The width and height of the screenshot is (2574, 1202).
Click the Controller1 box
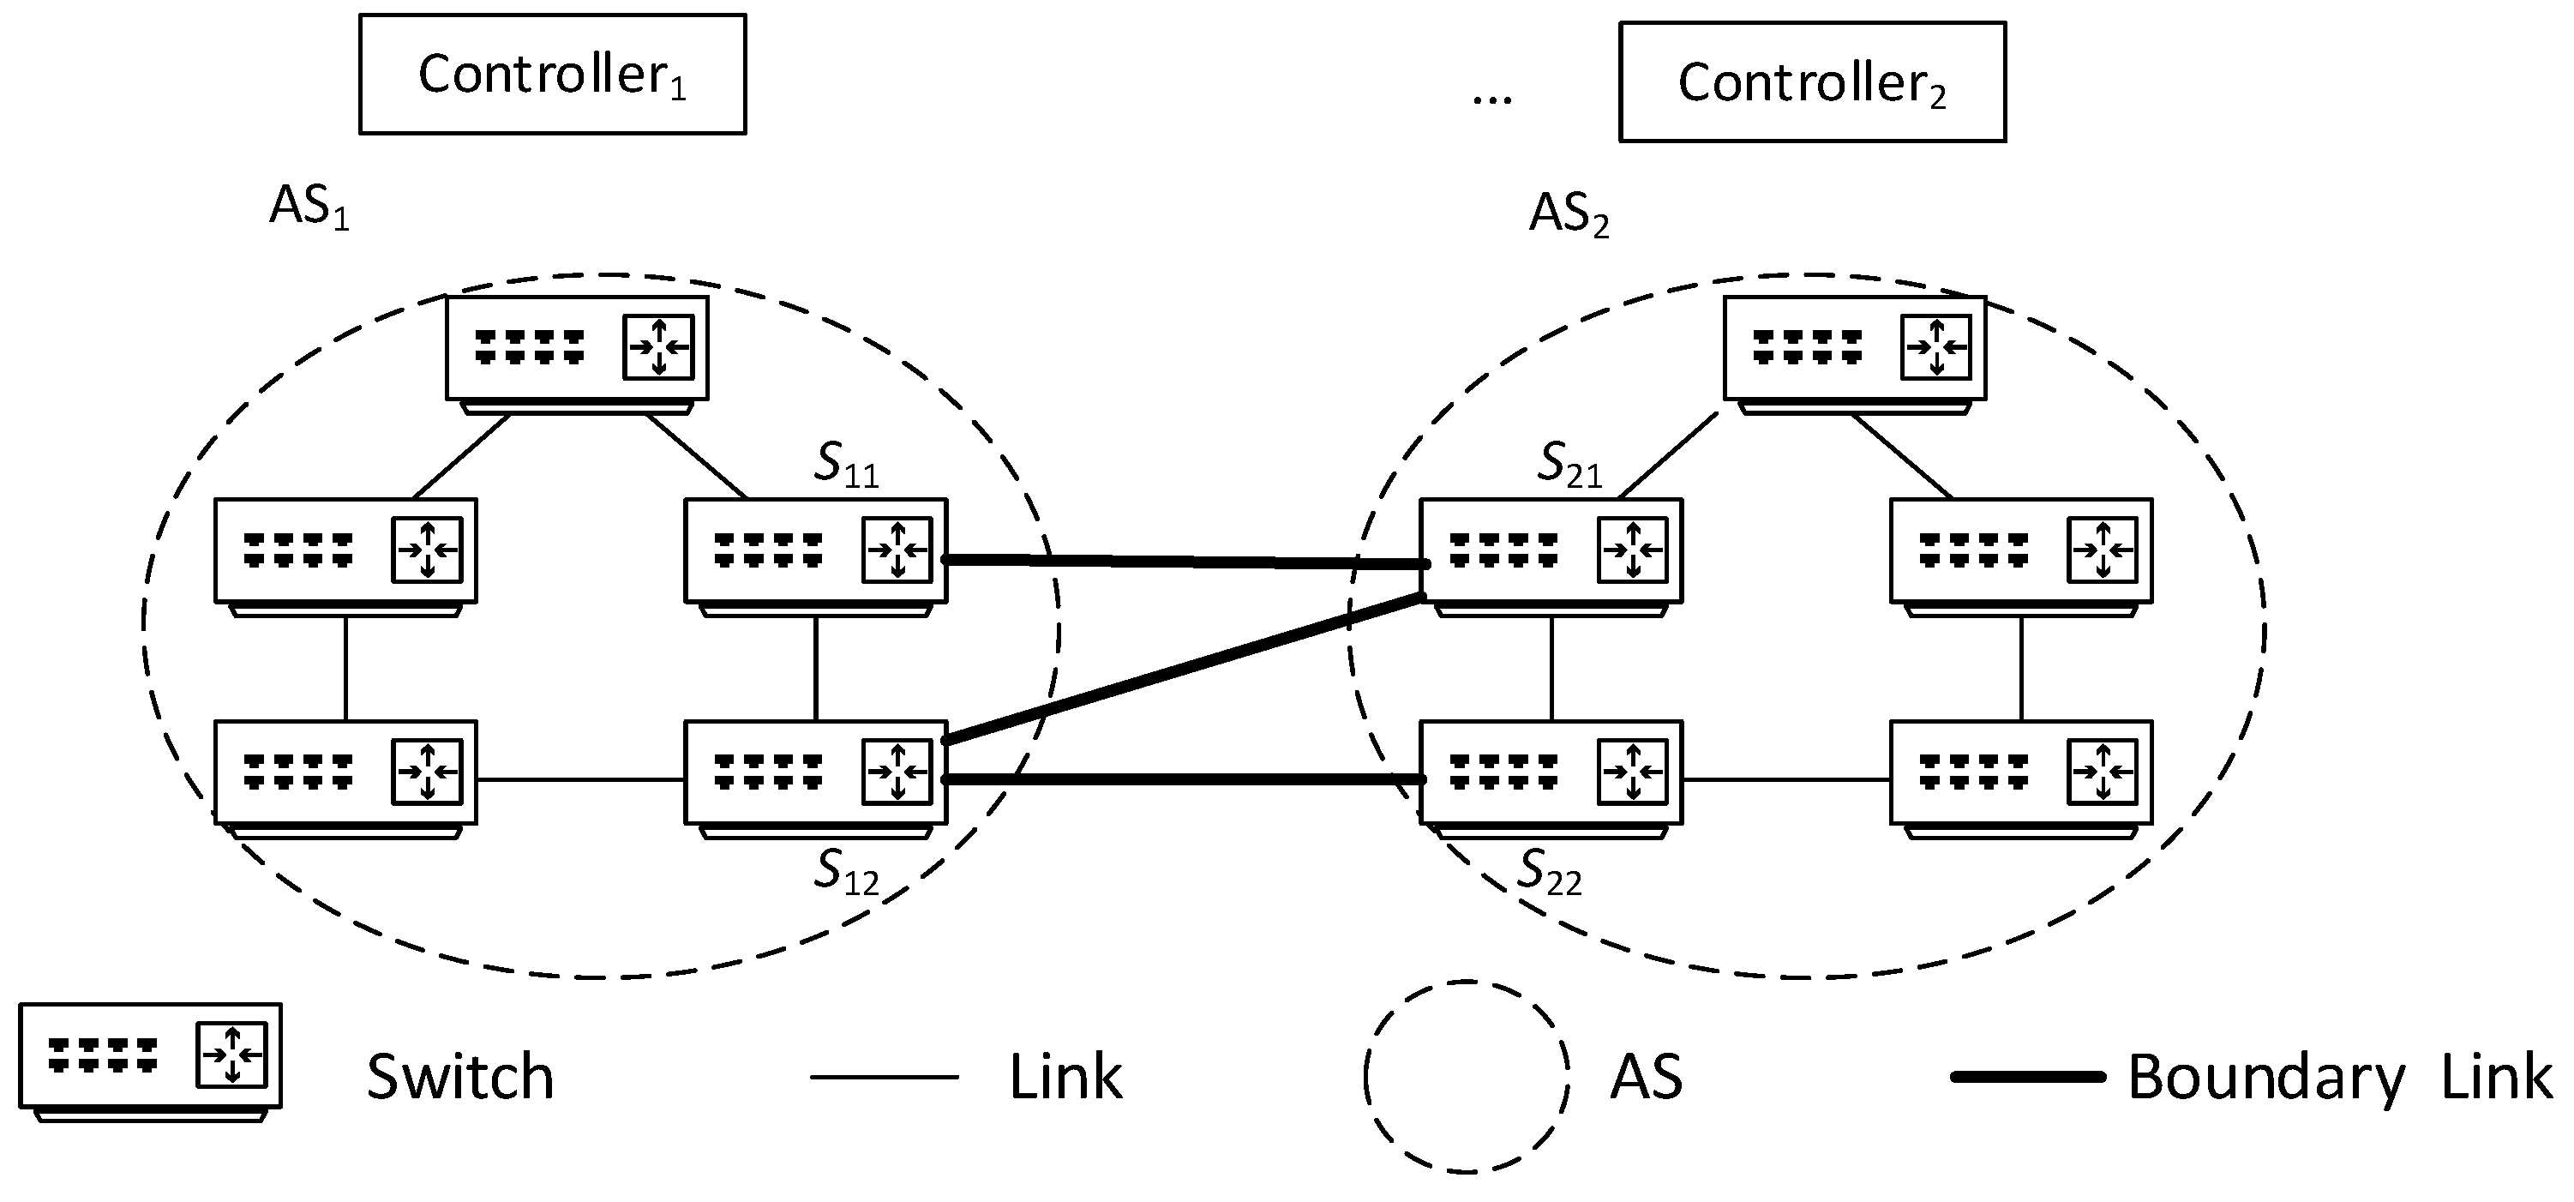coord(552,74)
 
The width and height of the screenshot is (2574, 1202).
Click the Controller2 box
coord(1812,82)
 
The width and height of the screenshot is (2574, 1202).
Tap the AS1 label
coord(309,207)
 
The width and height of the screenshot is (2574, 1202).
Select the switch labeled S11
coord(815,551)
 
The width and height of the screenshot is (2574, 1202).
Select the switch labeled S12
coord(815,773)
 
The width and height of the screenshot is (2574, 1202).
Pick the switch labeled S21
coord(1551,551)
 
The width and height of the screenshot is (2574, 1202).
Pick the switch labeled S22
coord(1551,773)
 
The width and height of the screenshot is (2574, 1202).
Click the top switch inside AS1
coord(577,349)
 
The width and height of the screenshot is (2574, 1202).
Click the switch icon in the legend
coord(150,1057)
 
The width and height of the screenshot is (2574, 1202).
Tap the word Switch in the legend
coord(459,1077)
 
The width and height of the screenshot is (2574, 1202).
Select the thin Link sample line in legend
coord(884,1077)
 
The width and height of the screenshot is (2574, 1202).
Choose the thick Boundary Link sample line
coord(2028,1077)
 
